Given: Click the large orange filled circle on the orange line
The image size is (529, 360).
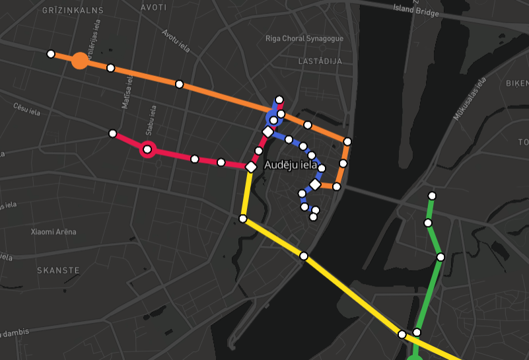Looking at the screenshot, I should pos(80,61).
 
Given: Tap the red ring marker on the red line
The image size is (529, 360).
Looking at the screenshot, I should pos(147,150).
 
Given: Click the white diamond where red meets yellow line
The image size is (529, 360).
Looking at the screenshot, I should pos(251,168).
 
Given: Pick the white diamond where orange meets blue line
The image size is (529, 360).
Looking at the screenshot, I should pos(315,185).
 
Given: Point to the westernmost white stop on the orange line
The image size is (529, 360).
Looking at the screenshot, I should pos(51,54).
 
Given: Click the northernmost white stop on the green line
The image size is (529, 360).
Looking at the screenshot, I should pos(432,196).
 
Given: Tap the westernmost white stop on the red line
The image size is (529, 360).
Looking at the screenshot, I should pos(113,133).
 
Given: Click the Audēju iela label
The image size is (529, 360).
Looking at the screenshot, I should pos(291,165).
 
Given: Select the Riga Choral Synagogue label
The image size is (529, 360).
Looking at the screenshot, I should pos(304,39).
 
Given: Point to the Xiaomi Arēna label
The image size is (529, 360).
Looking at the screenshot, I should pos(53,232).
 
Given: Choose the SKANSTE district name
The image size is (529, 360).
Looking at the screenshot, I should pos(58,270).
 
